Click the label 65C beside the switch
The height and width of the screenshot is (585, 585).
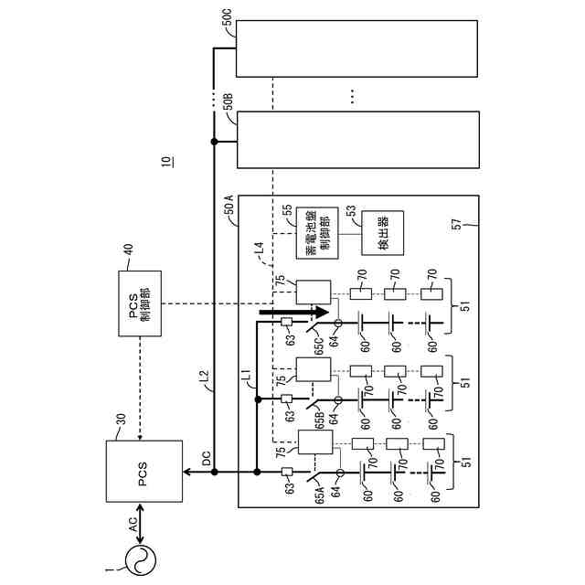click(321, 351)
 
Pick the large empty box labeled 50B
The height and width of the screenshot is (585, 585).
click(356, 140)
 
